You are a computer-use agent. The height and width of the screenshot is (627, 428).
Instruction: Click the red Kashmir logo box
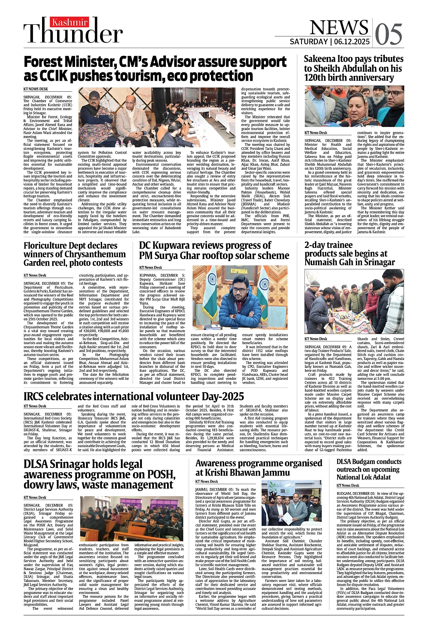pyautogui.click(x=70, y=22)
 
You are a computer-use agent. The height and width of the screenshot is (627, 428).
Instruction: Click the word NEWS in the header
pyautogui.click(x=339, y=27)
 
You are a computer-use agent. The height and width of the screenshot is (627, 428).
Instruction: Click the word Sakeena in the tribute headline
pyautogui.click(x=322, y=59)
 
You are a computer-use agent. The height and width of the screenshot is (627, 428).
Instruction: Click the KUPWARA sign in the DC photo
pyautogui.click(x=239, y=270)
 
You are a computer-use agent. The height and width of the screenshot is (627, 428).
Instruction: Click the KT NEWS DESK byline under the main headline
pyautogui.click(x=36, y=89)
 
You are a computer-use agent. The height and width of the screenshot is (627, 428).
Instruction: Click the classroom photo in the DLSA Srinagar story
pyautogui.click(x=131, y=519)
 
